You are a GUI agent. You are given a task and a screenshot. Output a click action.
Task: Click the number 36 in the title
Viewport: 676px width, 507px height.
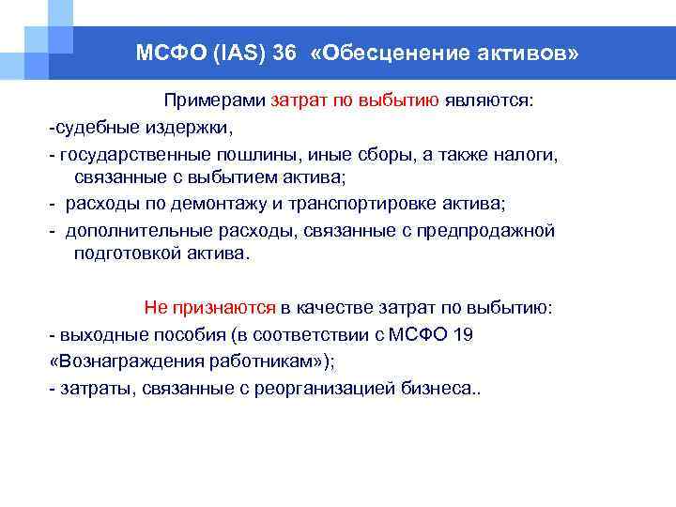pos(285,54)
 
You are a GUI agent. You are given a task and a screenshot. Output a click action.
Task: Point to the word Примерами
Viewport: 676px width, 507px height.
pos(215,100)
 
